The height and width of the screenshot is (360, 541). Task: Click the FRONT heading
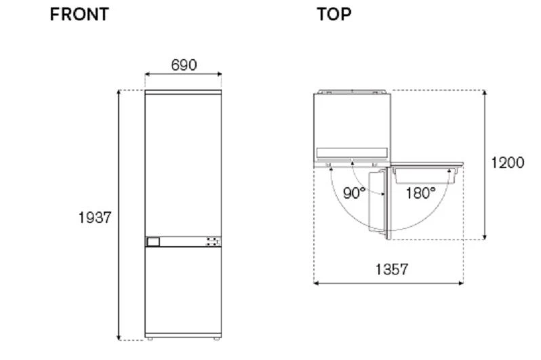(x=79, y=14)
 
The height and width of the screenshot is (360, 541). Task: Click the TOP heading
(x=334, y=14)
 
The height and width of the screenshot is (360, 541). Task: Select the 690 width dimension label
(x=184, y=65)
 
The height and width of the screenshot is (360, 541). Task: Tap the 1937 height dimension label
(x=95, y=218)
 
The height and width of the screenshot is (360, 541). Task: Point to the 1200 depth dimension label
(x=508, y=163)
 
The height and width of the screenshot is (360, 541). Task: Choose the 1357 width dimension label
(x=392, y=269)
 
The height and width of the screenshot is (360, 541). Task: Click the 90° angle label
(x=354, y=193)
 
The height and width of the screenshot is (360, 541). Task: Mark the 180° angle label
(x=420, y=193)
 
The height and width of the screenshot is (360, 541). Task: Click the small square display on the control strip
(x=153, y=241)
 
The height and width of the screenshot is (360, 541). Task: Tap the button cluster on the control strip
(x=213, y=241)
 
